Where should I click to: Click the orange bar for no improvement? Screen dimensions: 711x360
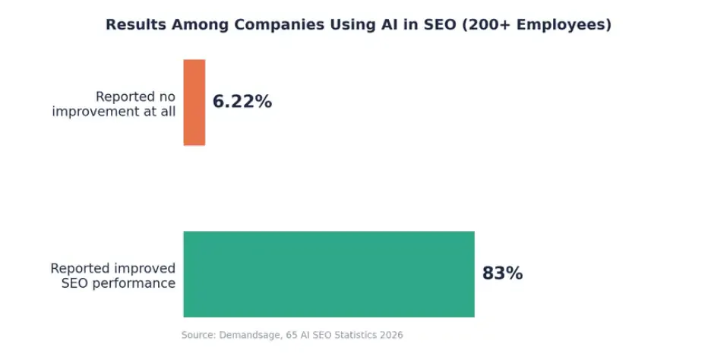(x=194, y=103)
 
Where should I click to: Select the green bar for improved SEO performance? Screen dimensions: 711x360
(x=329, y=274)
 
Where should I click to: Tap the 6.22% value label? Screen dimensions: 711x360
(x=242, y=102)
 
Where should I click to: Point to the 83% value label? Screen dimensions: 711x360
(x=502, y=273)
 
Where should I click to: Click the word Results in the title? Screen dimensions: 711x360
(x=136, y=24)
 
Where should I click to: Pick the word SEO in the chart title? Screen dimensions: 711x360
(x=440, y=24)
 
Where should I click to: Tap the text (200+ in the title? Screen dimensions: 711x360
(x=487, y=24)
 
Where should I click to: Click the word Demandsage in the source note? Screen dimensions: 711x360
(x=252, y=335)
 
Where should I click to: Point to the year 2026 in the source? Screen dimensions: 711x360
(x=391, y=335)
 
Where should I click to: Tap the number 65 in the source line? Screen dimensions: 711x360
(x=292, y=335)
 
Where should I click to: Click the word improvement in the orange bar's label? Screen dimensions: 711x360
(x=96, y=112)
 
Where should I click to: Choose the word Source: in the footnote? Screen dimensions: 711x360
(x=198, y=335)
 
